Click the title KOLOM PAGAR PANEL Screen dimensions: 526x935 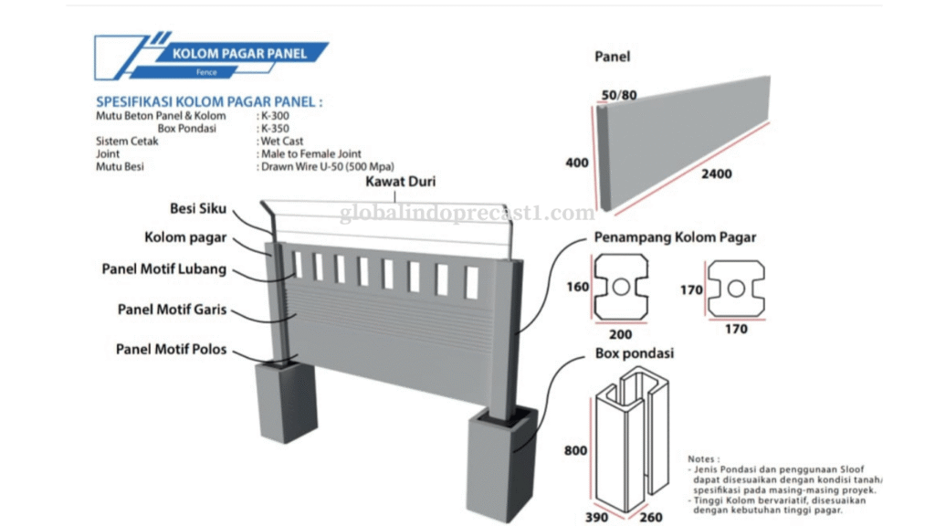click(x=239, y=54)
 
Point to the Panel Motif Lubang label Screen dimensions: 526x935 click(x=163, y=269)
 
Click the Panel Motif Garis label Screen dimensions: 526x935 click(x=172, y=310)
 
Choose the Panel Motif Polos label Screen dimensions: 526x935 click(x=171, y=349)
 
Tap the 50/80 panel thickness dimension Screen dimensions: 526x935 click(x=618, y=94)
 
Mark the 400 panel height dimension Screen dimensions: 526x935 click(x=577, y=163)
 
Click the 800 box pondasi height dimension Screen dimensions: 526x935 click(x=576, y=450)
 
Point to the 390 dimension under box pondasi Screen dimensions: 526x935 click(x=596, y=517)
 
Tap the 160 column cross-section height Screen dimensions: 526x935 click(x=578, y=288)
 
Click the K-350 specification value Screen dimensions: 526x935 click(x=275, y=129)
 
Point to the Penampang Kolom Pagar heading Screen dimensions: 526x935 click(x=675, y=238)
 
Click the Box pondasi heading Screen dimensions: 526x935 click(x=634, y=353)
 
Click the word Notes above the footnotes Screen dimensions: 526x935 click(x=703, y=458)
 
